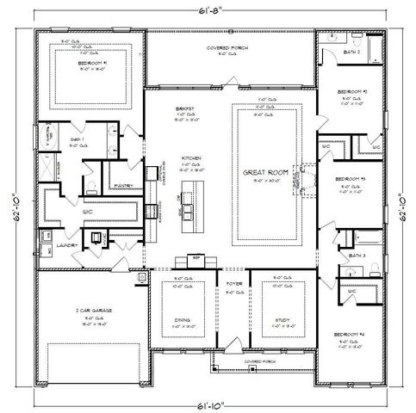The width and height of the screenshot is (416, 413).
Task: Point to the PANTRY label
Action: click(x=122, y=183)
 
